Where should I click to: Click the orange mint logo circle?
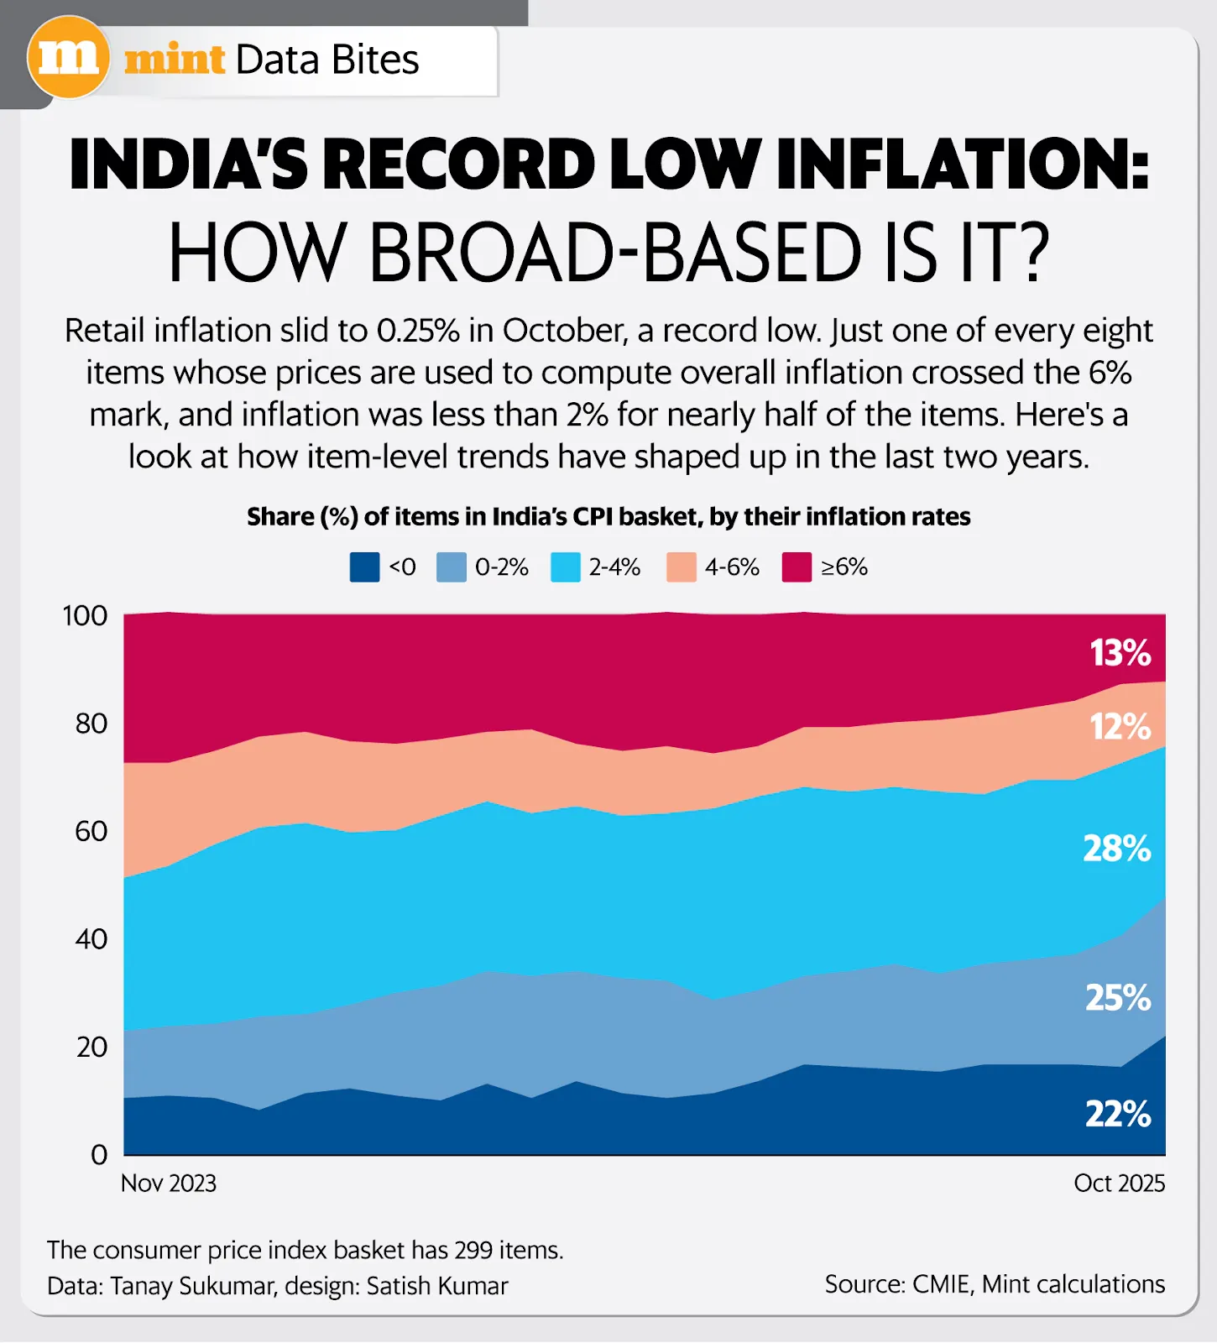pos(68,58)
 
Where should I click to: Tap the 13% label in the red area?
pos(1120,653)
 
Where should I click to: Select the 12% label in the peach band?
pos(1120,727)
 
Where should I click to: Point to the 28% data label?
pos(1116,849)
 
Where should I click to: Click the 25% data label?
pos(1118,998)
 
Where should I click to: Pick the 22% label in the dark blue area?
pos(1118,1114)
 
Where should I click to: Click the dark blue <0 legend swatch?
pos(364,567)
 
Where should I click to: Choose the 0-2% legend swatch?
pos(451,567)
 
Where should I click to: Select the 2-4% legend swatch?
pos(565,567)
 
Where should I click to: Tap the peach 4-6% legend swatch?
pos(681,567)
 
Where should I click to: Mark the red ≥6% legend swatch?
pos(797,567)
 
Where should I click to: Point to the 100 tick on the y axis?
pos(85,615)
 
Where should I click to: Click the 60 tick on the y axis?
pos(91,831)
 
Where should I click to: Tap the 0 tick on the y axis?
pos(99,1155)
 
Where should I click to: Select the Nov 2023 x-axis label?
pos(169,1184)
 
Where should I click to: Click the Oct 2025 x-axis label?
pos(1119,1184)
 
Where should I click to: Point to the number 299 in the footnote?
pos(474,1250)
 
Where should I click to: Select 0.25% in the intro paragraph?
pos(418,331)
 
